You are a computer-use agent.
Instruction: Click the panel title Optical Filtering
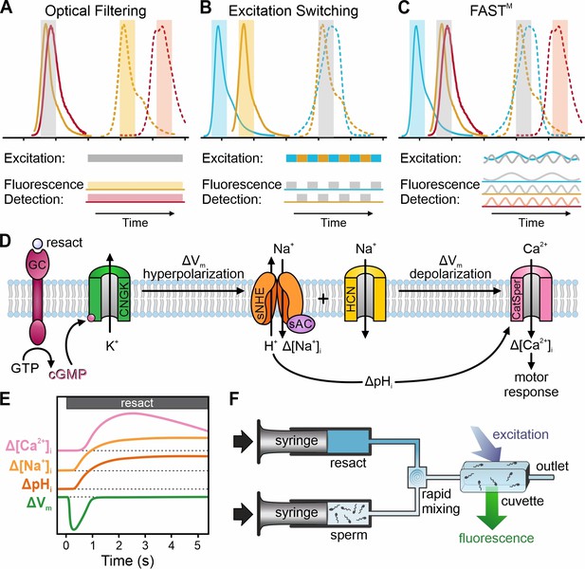point(96,10)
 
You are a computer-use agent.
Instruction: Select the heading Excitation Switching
point(293,10)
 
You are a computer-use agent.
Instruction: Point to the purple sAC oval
point(301,323)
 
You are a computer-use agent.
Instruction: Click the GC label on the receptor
point(37,265)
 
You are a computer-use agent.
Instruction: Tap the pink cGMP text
point(68,374)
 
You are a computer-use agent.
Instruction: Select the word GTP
point(25,369)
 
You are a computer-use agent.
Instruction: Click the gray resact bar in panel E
point(137,403)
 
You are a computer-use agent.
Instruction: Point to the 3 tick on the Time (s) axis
point(145,545)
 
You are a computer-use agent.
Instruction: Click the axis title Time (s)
point(128,560)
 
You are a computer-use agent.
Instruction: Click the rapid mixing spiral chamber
point(416,476)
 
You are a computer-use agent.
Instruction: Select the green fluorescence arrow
point(492,508)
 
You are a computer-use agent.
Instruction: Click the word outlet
point(552,466)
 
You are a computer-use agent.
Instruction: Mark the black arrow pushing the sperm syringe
point(243,513)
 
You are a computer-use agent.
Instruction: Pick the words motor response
point(531,384)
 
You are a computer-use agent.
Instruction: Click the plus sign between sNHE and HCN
point(323,299)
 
